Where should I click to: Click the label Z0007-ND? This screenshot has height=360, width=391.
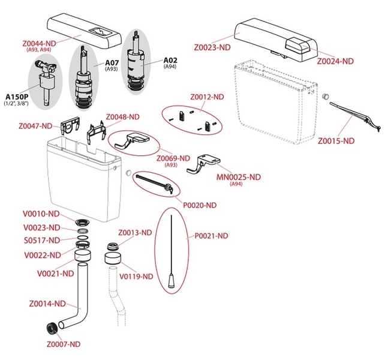63,344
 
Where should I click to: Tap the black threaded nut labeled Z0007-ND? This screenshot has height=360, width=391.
53,328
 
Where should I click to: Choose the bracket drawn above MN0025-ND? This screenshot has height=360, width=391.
204,163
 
